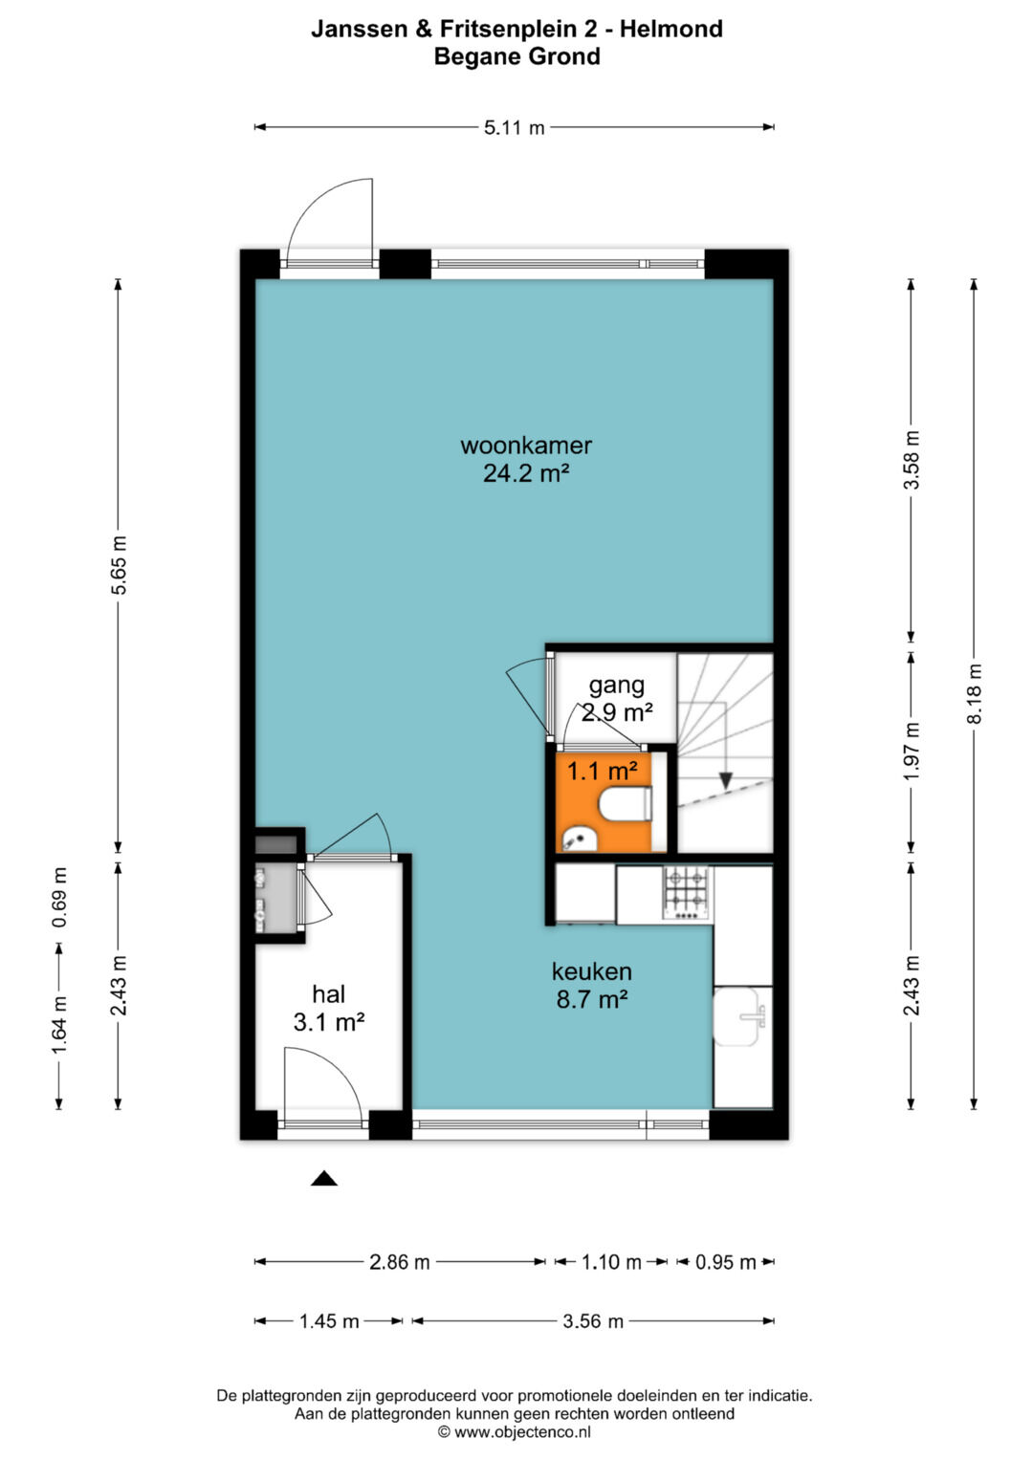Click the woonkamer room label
click(x=526, y=446)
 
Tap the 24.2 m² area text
click(x=526, y=473)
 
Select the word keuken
click(x=591, y=971)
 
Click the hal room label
click(x=329, y=994)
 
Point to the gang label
click(x=616, y=686)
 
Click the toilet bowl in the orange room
click(x=625, y=804)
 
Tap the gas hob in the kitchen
click(x=686, y=892)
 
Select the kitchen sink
click(x=743, y=1016)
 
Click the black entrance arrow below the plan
click(x=324, y=1179)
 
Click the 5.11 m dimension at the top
click(x=514, y=128)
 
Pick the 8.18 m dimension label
click(x=974, y=693)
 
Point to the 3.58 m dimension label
click(x=911, y=460)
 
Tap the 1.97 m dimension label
click(x=911, y=752)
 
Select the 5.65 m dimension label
click(x=118, y=564)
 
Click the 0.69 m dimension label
click(x=59, y=898)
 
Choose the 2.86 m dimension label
click(x=399, y=1262)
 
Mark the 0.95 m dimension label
click(x=725, y=1262)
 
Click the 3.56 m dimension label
click(x=593, y=1321)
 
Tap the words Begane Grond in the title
click(x=517, y=56)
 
